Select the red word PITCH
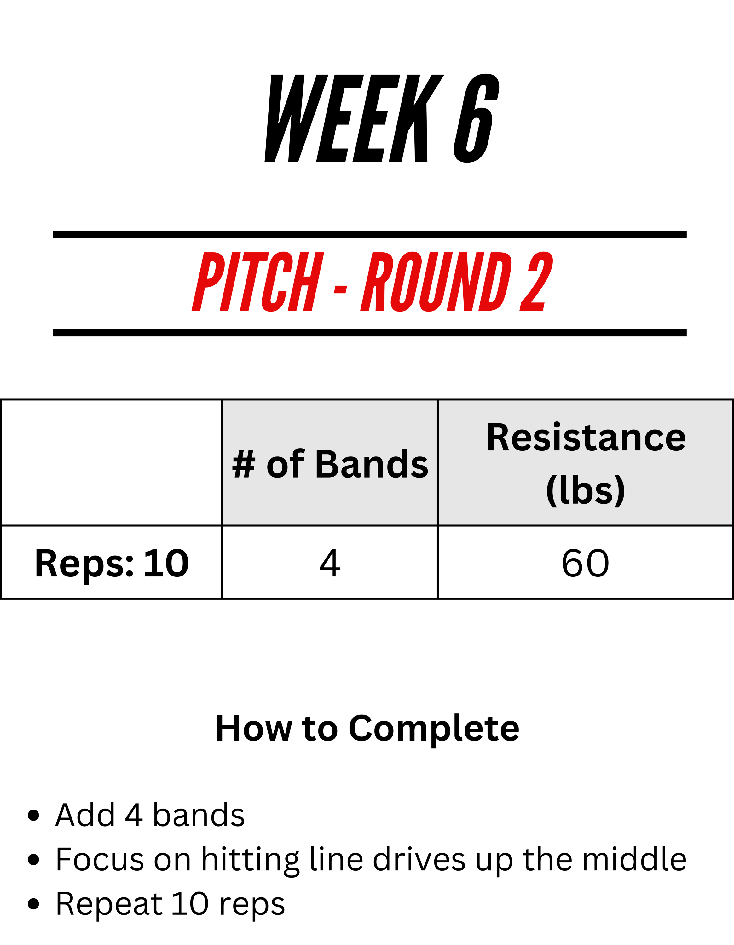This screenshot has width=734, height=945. (x=258, y=282)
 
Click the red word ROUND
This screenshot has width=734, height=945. (x=436, y=282)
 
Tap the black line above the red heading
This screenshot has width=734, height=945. (x=370, y=235)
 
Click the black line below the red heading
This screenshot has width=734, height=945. (x=370, y=333)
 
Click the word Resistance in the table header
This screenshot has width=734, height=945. (x=586, y=438)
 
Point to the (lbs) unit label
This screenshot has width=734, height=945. (x=586, y=490)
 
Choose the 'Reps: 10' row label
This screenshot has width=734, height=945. (x=112, y=563)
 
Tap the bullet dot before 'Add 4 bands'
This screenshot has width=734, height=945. (x=33, y=815)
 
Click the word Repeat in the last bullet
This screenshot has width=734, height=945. (x=109, y=904)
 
